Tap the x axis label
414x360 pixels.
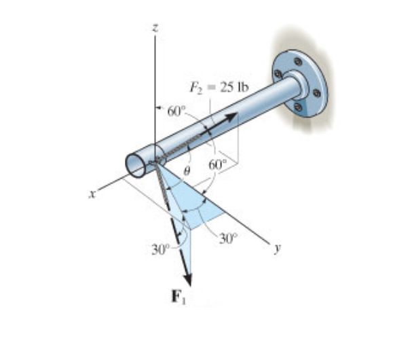point(92,194)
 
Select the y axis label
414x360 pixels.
point(277,248)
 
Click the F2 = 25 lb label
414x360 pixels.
point(219,88)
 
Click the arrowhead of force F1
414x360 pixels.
point(188,279)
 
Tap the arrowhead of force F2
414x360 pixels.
point(231,116)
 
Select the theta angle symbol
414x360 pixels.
point(187,172)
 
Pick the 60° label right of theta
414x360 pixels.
point(218,165)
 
